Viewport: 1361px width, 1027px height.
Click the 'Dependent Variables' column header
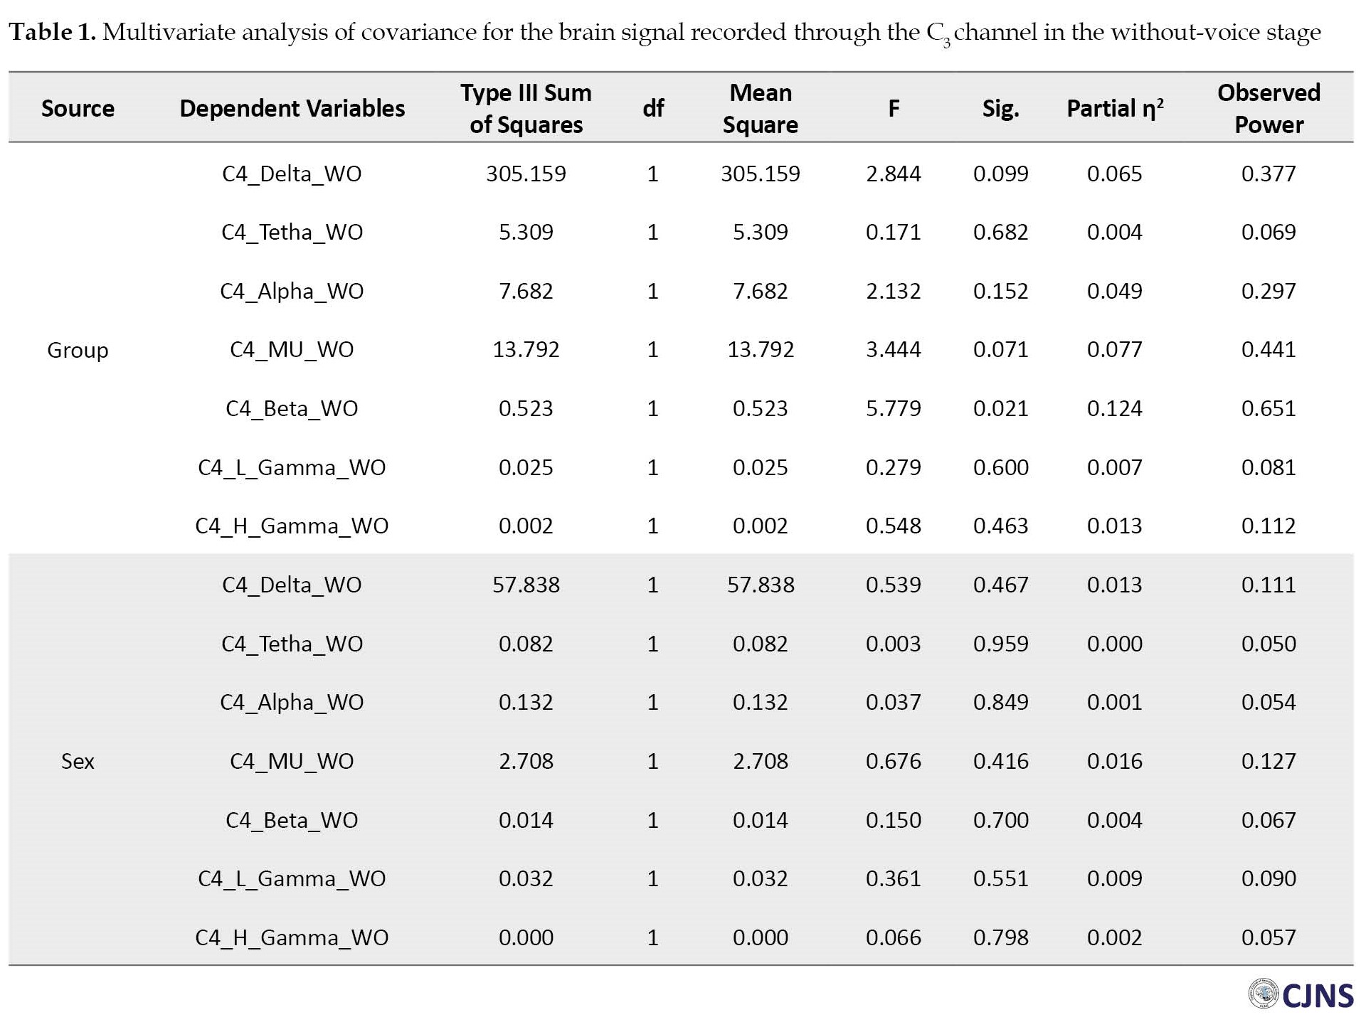click(x=292, y=108)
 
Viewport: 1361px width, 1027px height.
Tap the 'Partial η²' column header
click(x=1115, y=108)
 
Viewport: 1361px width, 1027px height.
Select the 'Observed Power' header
click(x=1269, y=108)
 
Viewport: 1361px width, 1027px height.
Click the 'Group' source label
click(x=78, y=350)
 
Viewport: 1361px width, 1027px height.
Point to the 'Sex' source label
click(x=78, y=761)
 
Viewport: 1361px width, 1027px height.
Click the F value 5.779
click(x=893, y=408)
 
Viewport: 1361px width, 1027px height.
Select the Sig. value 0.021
click(x=1000, y=408)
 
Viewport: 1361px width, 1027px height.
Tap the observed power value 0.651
click(x=1269, y=408)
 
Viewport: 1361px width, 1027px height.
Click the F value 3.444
click(x=893, y=349)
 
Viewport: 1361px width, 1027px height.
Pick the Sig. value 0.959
click(x=1000, y=644)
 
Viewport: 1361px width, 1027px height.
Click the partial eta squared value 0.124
click(x=1114, y=408)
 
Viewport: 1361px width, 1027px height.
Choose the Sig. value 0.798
click(x=1000, y=937)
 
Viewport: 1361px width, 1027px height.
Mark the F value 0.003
click(x=893, y=644)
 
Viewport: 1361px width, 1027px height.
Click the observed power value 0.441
click(x=1269, y=349)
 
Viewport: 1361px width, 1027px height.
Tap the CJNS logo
click(x=1301, y=994)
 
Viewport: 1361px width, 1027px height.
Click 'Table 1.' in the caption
click(x=52, y=32)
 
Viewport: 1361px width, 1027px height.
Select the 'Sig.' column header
click(x=1000, y=108)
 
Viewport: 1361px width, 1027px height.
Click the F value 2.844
click(x=893, y=174)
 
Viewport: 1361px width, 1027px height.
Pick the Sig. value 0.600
click(x=1000, y=467)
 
